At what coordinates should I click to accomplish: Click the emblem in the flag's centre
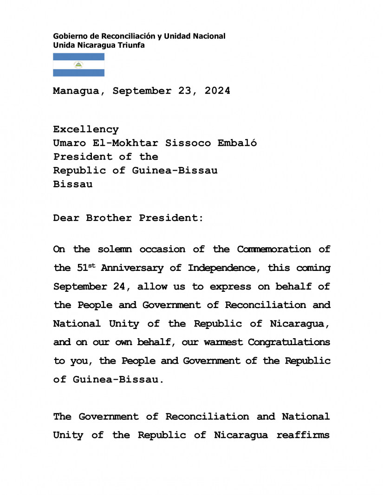click(x=78, y=65)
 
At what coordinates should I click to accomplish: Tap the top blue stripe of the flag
click(x=78, y=57)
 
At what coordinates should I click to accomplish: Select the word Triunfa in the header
click(x=132, y=45)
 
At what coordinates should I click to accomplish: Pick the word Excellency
click(x=86, y=129)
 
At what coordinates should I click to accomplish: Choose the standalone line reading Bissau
click(x=72, y=184)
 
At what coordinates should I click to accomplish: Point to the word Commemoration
click(x=273, y=249)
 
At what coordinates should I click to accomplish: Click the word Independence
click(x=227, y=268)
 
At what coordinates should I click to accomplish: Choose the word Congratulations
click(x=289, y=342)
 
